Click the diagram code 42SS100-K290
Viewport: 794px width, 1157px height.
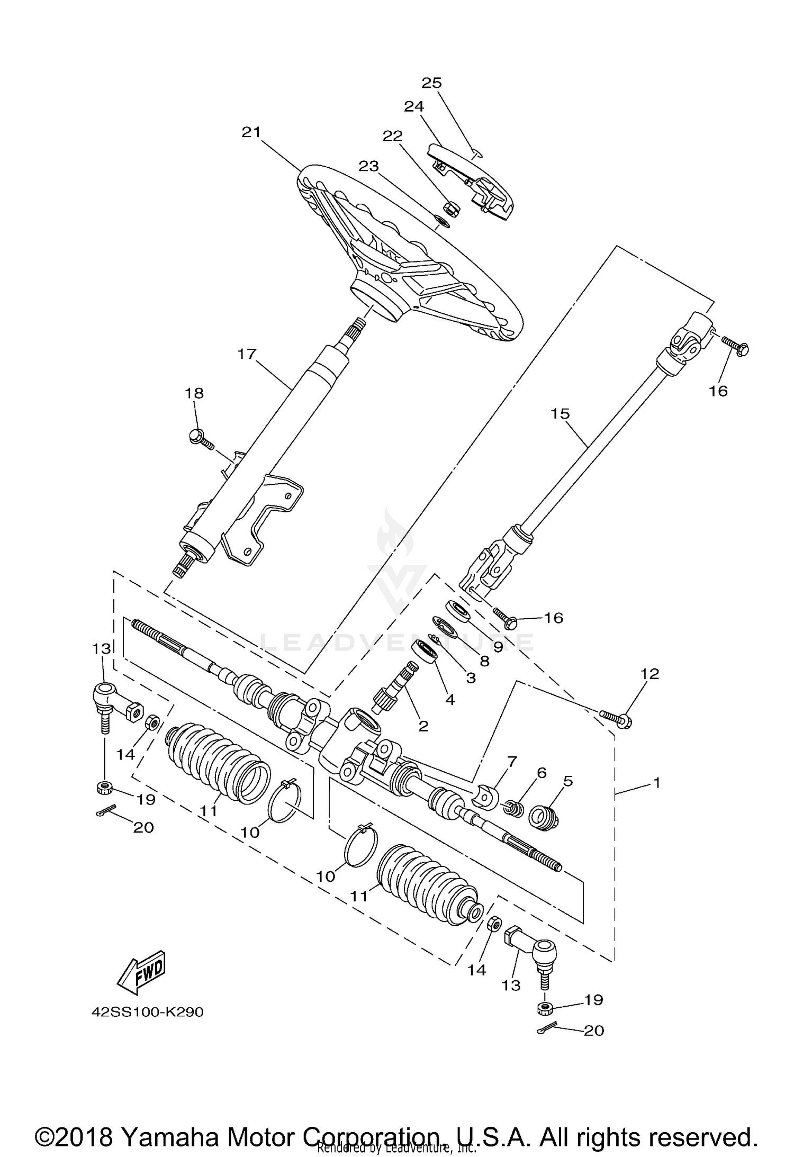(x=147, y=1012)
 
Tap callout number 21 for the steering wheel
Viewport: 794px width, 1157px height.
(x=251, y=132)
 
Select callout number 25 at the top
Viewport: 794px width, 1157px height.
(x=431, y=83)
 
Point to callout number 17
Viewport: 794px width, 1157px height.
(x=247, y=354)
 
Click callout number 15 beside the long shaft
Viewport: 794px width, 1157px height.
(x=560, y=413)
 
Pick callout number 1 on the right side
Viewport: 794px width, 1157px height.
(x=657, y=782)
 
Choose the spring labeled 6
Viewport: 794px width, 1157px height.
(x=513, y=808)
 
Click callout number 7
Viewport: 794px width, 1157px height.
(x=511, y=763)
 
